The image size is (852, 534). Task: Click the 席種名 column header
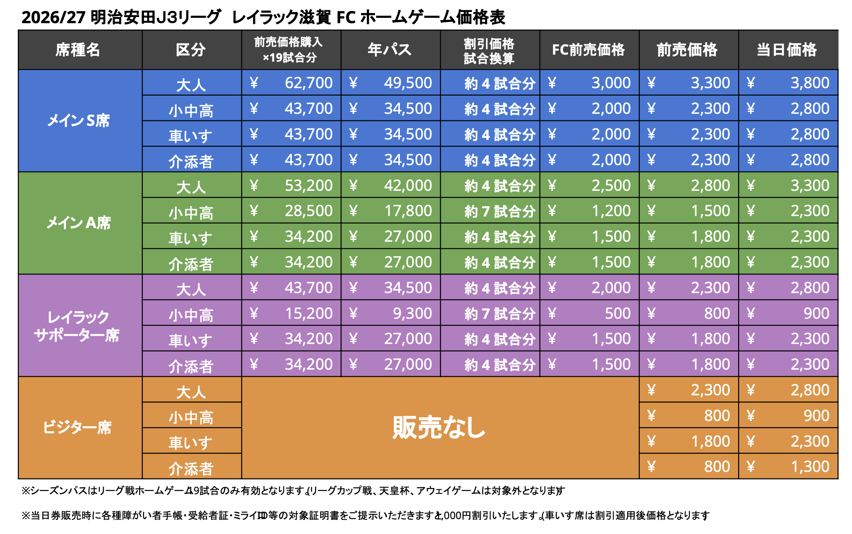78,50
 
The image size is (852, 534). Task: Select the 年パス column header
390,50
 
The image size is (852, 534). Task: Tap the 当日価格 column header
787,50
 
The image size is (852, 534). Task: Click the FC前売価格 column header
588,50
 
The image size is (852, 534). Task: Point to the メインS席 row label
78,120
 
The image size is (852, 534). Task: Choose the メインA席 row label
78,223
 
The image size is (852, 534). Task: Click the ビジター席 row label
77,427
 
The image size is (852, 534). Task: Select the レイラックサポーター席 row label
77,326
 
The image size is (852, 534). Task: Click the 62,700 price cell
308,83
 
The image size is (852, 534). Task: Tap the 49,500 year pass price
408,83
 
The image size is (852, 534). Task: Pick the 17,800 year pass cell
408,211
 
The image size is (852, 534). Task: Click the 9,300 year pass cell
412,313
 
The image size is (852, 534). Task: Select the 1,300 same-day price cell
810,467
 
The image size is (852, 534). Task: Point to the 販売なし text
439,427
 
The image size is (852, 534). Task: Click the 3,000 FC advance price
611,83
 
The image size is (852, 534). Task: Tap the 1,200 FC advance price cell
611,211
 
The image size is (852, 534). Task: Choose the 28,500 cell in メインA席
308,211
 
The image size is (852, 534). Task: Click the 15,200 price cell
308,313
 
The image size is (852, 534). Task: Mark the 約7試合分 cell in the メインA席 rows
500,212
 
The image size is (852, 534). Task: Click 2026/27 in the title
53,17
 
